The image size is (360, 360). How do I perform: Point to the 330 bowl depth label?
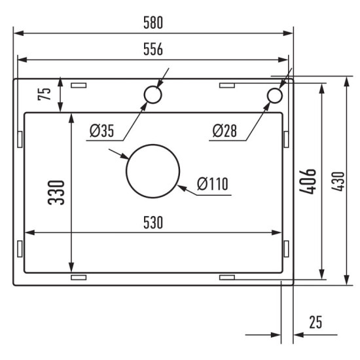pos(57,192)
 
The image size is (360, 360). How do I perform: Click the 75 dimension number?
pos(45,94)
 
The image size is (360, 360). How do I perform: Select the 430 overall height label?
pos(336,181)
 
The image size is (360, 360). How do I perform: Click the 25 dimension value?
pos(315,323)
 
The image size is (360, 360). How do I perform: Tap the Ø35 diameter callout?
pos(102,131)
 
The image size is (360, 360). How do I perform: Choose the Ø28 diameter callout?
pos(224,131)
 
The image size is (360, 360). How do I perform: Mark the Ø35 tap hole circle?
pos(152,96)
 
